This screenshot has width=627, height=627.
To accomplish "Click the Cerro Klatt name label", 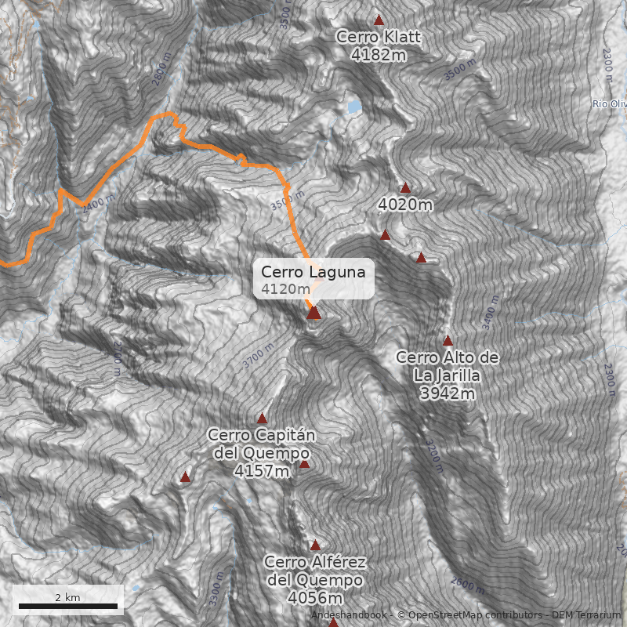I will click(x=378, y=37).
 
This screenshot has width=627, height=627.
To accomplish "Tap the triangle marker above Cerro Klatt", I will click(x=379, y=20).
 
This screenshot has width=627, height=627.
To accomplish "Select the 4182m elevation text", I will click(x=378, y=54).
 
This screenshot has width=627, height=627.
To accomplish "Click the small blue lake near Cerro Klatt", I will click(x=354, y=105).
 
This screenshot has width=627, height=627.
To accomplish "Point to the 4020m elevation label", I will click(x=405, y=205).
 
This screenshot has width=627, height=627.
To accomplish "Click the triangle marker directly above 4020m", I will click(x=405, y=187).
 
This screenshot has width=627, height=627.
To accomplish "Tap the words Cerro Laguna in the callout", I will click(x=313, y=272).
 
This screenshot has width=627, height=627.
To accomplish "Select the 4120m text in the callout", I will click(x=286, y=289).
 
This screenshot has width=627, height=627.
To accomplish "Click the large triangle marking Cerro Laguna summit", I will click(x=313, y=313).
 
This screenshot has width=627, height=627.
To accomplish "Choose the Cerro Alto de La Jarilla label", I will click(x=448, y=366).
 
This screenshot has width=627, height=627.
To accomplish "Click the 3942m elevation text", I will click(x=448, y=393).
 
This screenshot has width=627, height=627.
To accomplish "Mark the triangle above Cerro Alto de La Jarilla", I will click(x=448, y=341).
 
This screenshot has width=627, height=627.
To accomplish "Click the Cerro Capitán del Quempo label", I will click(x=261, y=444).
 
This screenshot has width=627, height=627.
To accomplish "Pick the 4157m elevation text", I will click(x=261, y=471).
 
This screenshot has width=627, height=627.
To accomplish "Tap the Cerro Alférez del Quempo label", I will click(x=315, y=571).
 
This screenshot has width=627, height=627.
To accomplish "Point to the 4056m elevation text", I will click(x=315, y=599).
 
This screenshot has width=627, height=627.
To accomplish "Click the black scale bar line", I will click(x=67, y=606).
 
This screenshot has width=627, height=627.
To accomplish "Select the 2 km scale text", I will click(x=67, y=597).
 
